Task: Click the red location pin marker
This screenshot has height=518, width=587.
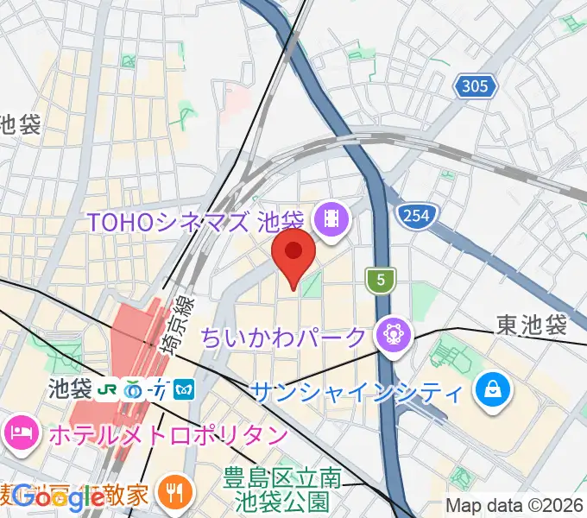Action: (293, 255)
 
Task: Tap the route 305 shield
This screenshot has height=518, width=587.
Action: (474, 86)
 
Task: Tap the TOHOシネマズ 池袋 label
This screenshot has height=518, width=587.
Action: (198, 222)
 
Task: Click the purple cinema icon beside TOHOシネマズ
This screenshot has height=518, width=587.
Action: (331, 222)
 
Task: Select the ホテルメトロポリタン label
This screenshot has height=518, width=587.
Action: (167, 433)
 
